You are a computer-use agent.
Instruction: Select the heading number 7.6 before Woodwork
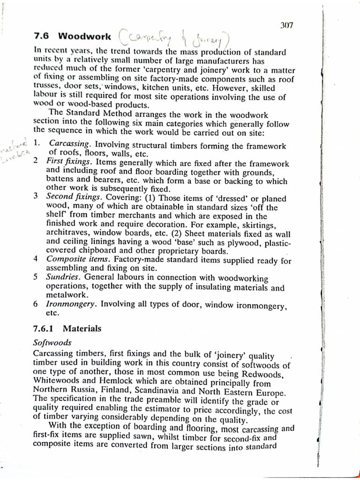[43, 36]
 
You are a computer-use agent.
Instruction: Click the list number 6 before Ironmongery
[36, 304]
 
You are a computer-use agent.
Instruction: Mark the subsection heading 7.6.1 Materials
[67, 329]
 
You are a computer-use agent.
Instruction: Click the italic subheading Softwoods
[52, 343]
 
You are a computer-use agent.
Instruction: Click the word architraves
[66, 233]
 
